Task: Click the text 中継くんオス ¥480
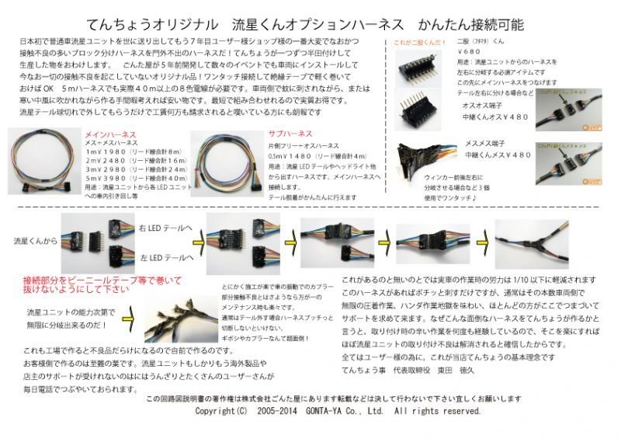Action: [496, 117]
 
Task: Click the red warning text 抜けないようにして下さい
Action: [74, 289]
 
